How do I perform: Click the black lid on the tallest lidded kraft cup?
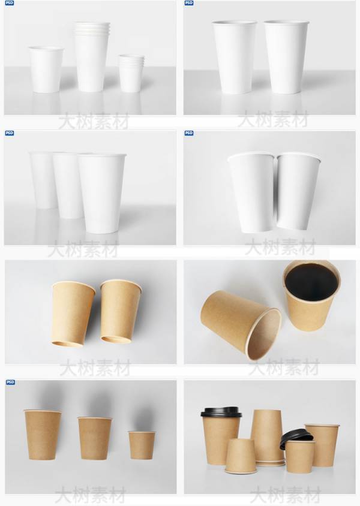[x=221, y=412]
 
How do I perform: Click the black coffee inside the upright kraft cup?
[x=311, y=281]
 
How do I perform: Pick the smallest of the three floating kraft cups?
[x=142, y=445]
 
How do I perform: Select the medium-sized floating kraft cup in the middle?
[x=95, y=438]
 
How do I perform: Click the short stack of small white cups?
[x=131, y=74]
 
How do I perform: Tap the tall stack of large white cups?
[x=92, y=56]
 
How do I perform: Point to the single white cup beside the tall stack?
[x=46, y=70]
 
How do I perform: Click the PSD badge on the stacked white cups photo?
[x=10, y=3]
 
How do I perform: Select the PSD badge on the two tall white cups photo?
[x=188, y=3]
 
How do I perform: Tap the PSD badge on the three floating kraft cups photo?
[x=10, y=382]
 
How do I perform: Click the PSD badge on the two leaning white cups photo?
[x=189, y=133]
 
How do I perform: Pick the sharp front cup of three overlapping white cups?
[x=102, y=193]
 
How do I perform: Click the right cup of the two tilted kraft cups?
[x=121, y=311]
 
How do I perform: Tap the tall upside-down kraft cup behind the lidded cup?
[x=266, y=437]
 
